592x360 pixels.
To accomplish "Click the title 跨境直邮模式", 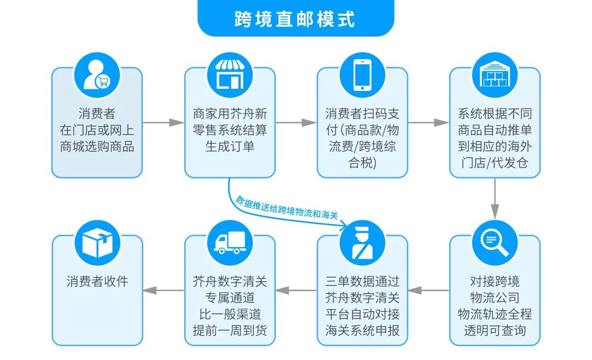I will (295, 19).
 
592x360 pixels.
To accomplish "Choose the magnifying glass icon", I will (494, 242).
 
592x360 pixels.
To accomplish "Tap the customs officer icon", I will (362, 242).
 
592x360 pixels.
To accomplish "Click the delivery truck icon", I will (229, 242).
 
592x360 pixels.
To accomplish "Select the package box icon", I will (97, 242).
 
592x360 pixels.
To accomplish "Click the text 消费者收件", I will (97, 282).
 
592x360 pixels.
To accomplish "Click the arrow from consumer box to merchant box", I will (163, 123).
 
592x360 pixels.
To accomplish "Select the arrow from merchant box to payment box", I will (296, 123).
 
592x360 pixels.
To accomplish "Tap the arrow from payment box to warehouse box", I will (429, 123).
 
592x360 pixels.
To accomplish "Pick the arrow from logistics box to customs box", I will (429, 290).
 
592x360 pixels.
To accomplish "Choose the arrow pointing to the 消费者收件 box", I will (163, 290).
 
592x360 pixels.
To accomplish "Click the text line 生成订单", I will (229, 147).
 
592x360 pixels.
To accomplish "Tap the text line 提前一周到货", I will (229, 330).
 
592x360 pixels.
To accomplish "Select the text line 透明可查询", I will (494, 330).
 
